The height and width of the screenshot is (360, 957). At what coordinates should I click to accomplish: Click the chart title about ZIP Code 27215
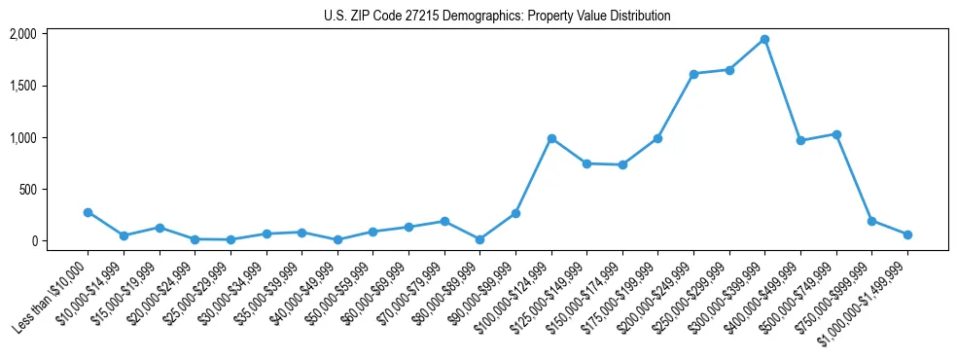pyautogui.click(x=497, y=16)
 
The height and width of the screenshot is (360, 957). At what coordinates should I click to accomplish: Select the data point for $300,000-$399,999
pyautogui.click(x=764, y=40)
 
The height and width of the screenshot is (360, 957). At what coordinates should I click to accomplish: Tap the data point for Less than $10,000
pyautogui.click(x=88, y=212)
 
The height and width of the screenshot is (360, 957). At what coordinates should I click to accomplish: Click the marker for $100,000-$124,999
pyautogui.click(x=551, y=138)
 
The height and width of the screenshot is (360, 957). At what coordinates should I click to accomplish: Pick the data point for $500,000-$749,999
pyautogui.click(x=836, y=134)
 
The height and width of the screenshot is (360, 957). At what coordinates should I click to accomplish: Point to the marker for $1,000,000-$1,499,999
pyautogui.click(x=907, y=234)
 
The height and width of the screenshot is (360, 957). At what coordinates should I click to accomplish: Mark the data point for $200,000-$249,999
pyautogui.click(x=693, y=74)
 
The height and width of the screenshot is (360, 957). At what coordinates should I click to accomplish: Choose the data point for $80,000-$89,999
pyautogui.click(x=479, y=239)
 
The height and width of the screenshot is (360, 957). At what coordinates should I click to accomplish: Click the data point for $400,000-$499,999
pyautogui.click(x=800, y=141)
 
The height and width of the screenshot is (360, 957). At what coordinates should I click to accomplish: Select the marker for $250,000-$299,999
pyautogui.click(x=729, y=70)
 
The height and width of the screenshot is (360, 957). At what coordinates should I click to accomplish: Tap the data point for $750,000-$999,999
pyautogui.click(x=871, y=221)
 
